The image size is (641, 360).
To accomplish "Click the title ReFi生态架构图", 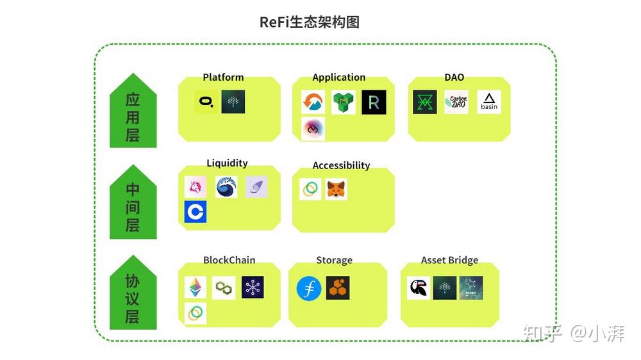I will click(x=310, y=22).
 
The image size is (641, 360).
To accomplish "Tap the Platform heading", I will click(x=223, y=78).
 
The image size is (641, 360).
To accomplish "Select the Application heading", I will click(x=338, y=78).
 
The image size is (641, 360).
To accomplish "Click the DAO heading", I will click(x=454, y=78).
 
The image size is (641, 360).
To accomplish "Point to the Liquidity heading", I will click(x=227, y=163).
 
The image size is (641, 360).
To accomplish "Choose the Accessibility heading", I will click(x=341, y=165).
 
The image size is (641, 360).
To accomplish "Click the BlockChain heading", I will click(x=229, y=260).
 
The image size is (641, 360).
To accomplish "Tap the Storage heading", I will click(x=334, y=260).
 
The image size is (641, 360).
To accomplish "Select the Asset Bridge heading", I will click(x=449, y=260).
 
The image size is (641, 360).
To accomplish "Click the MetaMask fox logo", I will click(x=336, y=189).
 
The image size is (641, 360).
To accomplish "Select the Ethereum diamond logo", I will click(x=196, y=288).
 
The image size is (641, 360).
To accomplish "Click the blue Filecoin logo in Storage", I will click(x=309, y=288).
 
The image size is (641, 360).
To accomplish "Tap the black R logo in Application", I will click(x=374, y=102).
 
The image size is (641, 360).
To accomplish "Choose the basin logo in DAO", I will click(x=489, y=102).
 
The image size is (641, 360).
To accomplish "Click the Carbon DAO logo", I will click(x=456, y=102).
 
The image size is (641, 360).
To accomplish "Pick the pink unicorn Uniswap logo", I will click(x=196, y=187).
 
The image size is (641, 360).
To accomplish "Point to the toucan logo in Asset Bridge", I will click(x=419, y=288).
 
